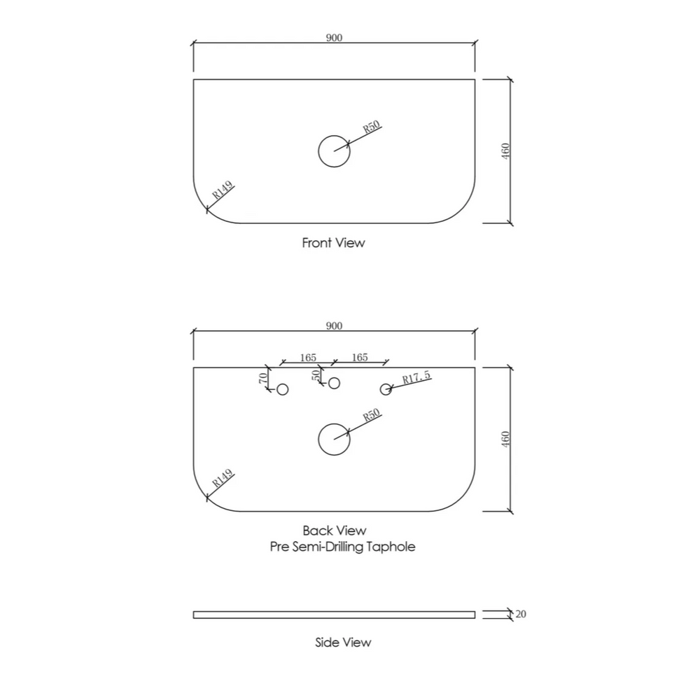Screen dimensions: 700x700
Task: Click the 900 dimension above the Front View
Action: point(334,38)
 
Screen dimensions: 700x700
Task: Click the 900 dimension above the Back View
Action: point(334,326)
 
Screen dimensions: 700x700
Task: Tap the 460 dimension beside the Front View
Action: point(505,151)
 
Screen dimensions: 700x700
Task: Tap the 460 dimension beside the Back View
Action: point(505,440)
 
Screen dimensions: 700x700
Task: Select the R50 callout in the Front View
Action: point(372,127)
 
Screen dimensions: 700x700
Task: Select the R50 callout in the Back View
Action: point(372,415)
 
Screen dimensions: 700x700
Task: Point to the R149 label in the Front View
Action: point(223,190)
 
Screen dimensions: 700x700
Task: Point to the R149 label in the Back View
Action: point(223,478)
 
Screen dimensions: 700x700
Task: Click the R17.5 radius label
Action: point(416,377)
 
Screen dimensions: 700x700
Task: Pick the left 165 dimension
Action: point(308,358)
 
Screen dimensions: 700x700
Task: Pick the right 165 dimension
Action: point(360,358)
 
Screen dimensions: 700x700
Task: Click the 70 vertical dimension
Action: point(263,378)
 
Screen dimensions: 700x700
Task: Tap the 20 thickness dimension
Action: point(521,615)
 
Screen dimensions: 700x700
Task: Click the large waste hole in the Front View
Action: point(334,151)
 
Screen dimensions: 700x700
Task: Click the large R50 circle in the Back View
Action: point(334,440)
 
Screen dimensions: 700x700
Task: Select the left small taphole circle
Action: point(283,389)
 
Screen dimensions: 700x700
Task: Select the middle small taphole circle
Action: point(334,383)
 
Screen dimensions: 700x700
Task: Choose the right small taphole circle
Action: point(386,389)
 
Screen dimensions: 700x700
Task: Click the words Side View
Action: point(343,643)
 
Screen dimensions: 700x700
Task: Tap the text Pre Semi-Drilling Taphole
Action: point(342,547)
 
